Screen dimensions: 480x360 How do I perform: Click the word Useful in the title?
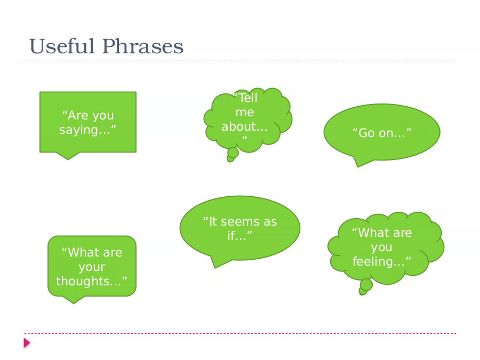pos(61,46)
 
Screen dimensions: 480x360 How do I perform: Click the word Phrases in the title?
pos(142,46)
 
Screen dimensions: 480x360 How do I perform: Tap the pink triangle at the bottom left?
pos(27,343)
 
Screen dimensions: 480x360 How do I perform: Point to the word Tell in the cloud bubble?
pos(248,98)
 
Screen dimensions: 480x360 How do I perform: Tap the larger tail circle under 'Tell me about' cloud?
pos(233,153)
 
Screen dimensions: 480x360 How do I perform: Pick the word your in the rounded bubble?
pos(92,267)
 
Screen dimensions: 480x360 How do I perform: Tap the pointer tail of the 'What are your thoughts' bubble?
pos(74,299)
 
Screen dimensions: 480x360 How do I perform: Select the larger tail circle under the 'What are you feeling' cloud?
pos(366,285)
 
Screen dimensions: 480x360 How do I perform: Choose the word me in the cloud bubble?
pos(245,113)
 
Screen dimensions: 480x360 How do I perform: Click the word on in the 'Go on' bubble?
pos(386,133)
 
